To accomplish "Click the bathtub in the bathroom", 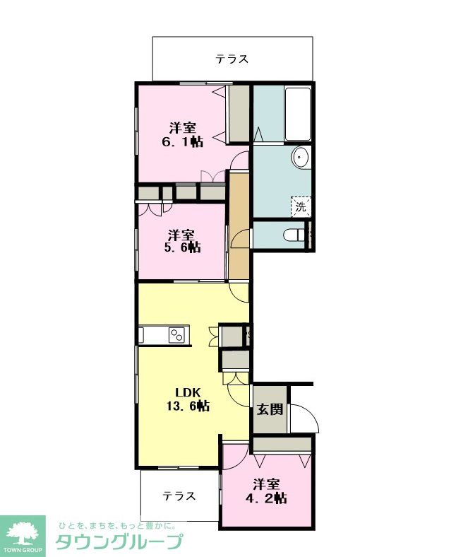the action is coord(298,114).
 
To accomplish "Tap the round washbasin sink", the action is coord(301,157).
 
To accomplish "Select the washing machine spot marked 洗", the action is coord(301,206).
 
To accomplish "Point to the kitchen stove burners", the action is coord(176,334).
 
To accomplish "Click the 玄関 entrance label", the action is coord(270,409).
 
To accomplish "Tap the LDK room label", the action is coord(188,392).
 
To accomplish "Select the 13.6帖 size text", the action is coord(188,406).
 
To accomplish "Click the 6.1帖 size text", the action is coord(182,142).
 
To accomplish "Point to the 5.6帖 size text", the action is coord(182,247).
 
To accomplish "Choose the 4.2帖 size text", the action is coord(266,498).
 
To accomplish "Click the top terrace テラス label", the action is coord(232,59).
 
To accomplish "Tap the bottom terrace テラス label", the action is coord(179,496).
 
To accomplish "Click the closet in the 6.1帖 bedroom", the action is coord(239,114).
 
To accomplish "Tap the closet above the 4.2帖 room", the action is coord(282,444).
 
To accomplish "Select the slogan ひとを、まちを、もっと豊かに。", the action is coord(115,525).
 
